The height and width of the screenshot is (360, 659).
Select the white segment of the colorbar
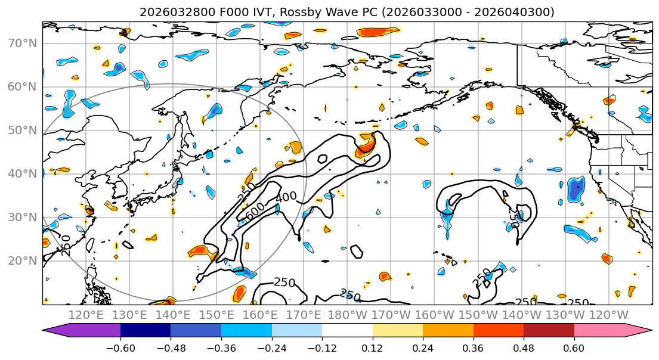coord(347,331)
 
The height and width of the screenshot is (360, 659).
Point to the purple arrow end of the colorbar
coord(57,331)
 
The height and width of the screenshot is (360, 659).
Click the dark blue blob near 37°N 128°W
coord(576,189)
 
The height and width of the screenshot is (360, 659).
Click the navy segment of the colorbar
coord(146,331)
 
